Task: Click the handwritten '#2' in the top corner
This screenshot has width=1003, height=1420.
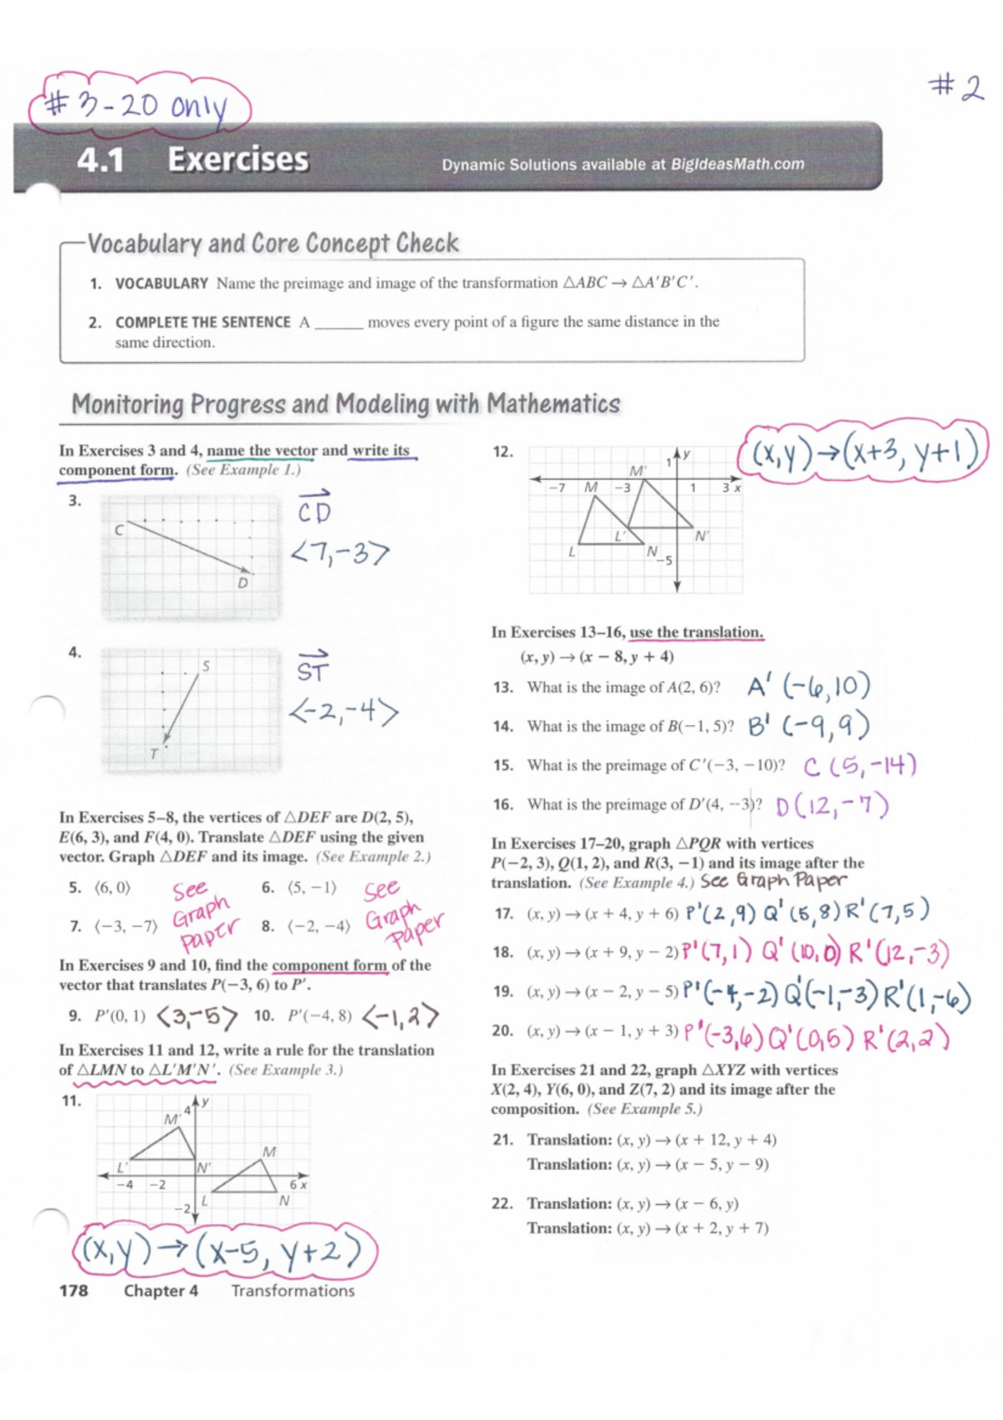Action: [x=956, y=87]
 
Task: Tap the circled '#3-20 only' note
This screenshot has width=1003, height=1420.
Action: [x=138, y=107]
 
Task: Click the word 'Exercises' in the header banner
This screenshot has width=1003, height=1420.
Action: [x=238, y=159]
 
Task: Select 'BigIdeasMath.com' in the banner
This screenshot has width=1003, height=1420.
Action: [x=737, y=164]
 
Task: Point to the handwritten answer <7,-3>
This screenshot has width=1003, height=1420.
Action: [x=340, y=553]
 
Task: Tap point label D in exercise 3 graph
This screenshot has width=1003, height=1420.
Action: [x=242, y=583]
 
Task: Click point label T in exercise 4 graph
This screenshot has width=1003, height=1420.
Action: [x=154, y=753]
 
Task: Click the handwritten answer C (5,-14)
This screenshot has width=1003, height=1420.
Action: [x=860, y=765]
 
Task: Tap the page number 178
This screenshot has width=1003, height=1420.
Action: [x=74, y=1290]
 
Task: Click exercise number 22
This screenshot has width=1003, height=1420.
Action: [x=501, y=1203]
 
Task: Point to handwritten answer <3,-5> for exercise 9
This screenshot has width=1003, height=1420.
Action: [x=197, y=1017]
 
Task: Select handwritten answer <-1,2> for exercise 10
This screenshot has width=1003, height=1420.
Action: [x=400, y=1017]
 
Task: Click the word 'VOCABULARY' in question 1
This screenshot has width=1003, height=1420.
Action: [x=161, y=283]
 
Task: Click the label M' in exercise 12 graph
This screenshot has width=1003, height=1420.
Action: [x=637, y=472]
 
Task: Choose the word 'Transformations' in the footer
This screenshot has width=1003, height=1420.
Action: [x=293, y=1290]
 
